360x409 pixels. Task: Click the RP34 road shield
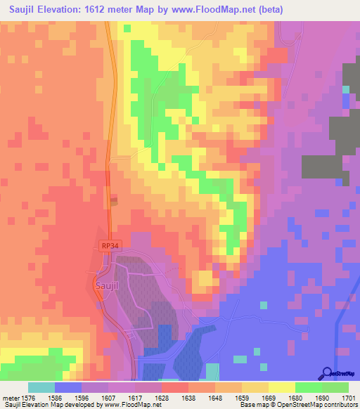(108, 246)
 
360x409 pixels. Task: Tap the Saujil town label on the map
(106, 286)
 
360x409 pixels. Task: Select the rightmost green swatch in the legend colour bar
(335, 387)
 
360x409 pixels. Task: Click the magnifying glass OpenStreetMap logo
(326, 373)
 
